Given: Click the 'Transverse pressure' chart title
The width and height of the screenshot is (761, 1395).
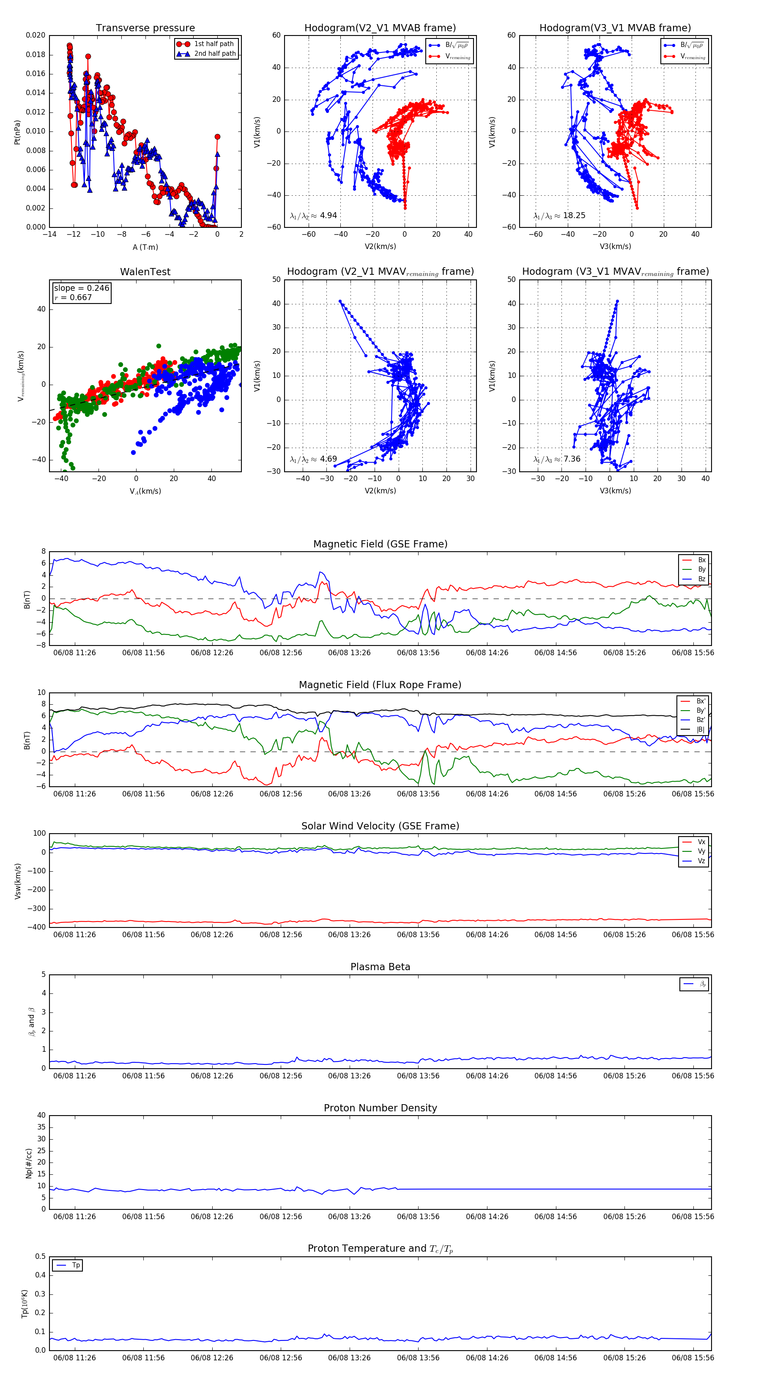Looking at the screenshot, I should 145,28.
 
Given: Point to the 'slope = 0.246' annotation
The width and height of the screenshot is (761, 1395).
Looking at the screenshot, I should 81,288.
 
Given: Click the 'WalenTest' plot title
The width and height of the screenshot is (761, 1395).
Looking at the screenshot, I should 145,272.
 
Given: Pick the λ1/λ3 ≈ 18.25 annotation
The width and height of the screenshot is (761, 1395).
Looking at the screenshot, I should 559,216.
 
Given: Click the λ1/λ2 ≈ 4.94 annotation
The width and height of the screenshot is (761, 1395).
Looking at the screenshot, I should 313,216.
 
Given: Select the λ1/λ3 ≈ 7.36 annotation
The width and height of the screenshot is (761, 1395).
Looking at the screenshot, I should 557,459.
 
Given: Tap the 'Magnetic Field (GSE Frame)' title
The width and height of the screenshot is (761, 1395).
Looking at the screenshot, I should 380,544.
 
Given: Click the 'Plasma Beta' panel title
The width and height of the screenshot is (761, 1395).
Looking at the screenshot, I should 380,967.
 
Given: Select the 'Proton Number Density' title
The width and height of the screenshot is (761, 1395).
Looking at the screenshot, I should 380,1108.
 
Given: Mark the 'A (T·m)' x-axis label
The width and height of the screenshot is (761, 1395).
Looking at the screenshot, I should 145,247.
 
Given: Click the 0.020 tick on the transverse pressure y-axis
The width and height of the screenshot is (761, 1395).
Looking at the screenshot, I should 36,35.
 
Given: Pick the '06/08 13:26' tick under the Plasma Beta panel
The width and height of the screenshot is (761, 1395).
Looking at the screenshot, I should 349,1075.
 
